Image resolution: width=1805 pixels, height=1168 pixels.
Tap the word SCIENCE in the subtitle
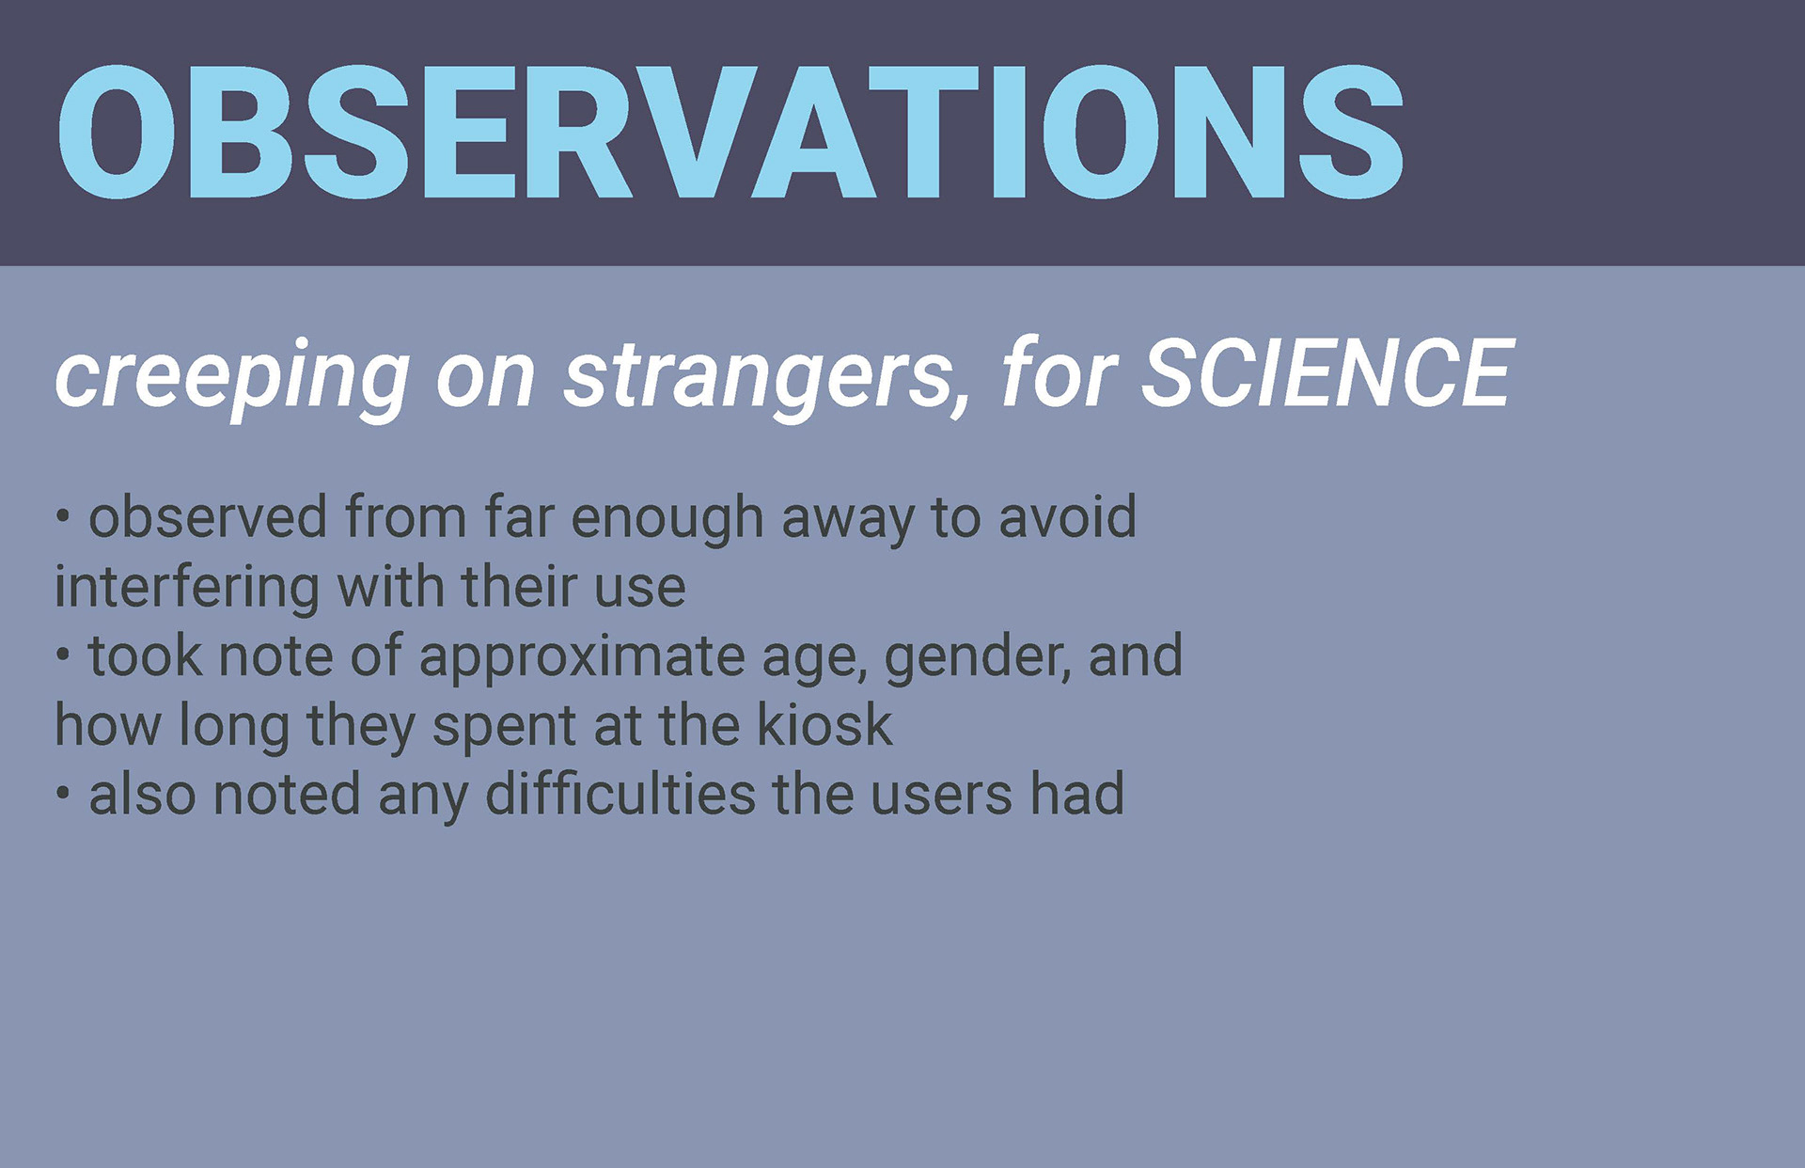(1326, 374)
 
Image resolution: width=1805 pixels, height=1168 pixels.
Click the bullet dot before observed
(63, 516)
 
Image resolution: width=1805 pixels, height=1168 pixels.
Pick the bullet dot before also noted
(63, 794)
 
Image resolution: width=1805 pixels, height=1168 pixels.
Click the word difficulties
(620, 795)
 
